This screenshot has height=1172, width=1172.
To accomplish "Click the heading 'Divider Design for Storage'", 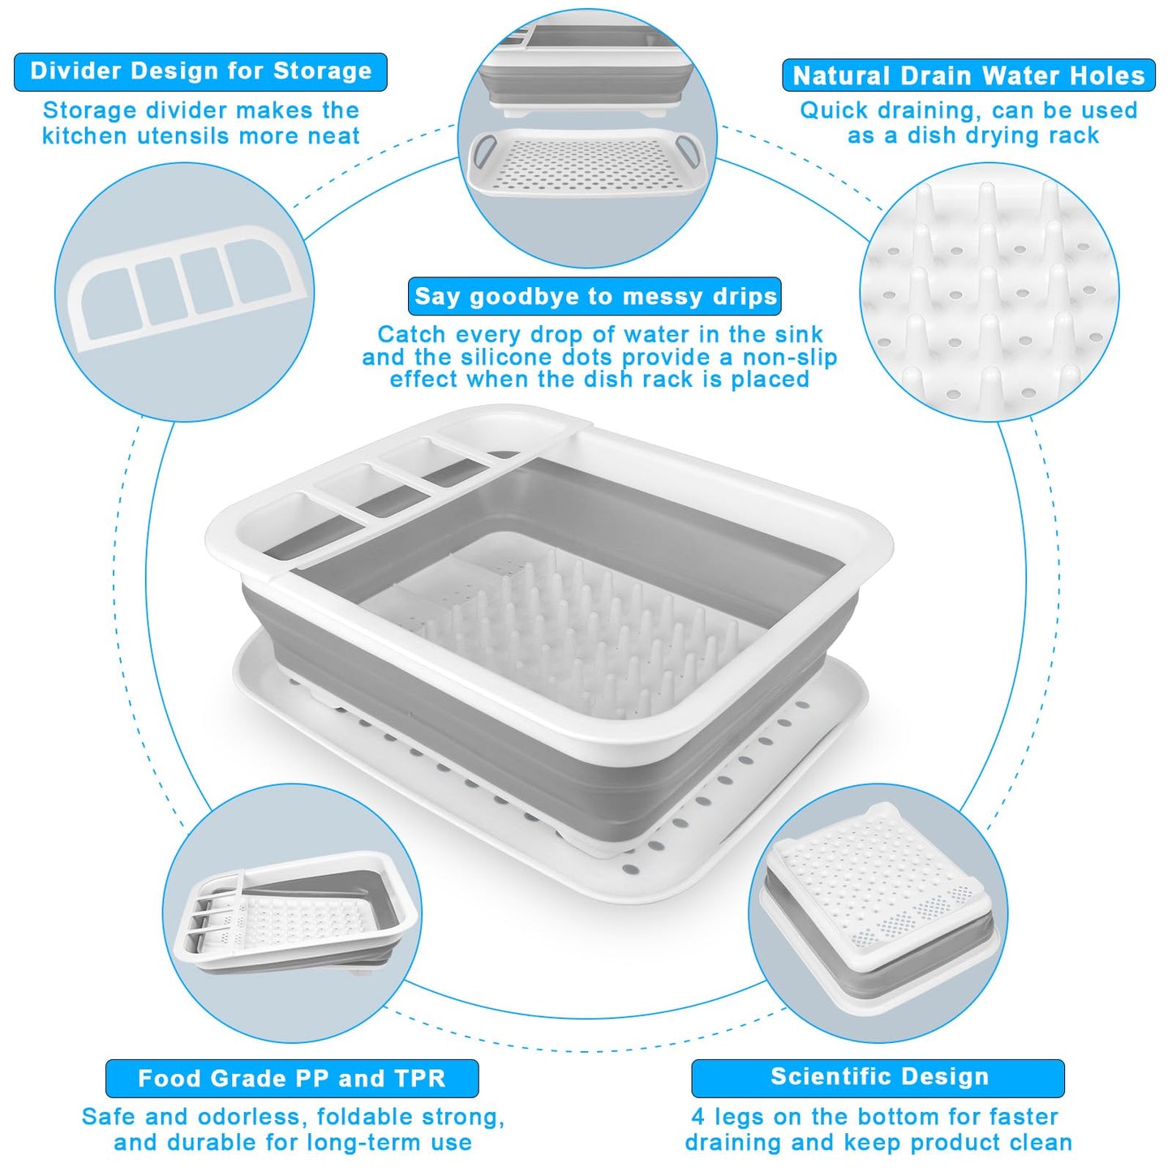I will click(x=200, y=71).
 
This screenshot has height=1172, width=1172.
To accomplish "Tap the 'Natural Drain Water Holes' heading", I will click(x=968, y=75).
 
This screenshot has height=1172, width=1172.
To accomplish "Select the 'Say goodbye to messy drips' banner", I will click(x=595, y=297).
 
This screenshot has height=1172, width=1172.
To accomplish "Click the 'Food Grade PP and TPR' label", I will click(x=291, y=1078).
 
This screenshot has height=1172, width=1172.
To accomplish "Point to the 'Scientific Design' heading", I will click(x=878, y=1076).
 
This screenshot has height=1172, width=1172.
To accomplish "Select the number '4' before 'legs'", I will click(x=698, y=1117).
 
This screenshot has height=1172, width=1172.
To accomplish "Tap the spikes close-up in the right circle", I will click(x=990, y=292).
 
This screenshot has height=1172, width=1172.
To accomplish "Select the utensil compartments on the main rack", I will click(x=373, y=495).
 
